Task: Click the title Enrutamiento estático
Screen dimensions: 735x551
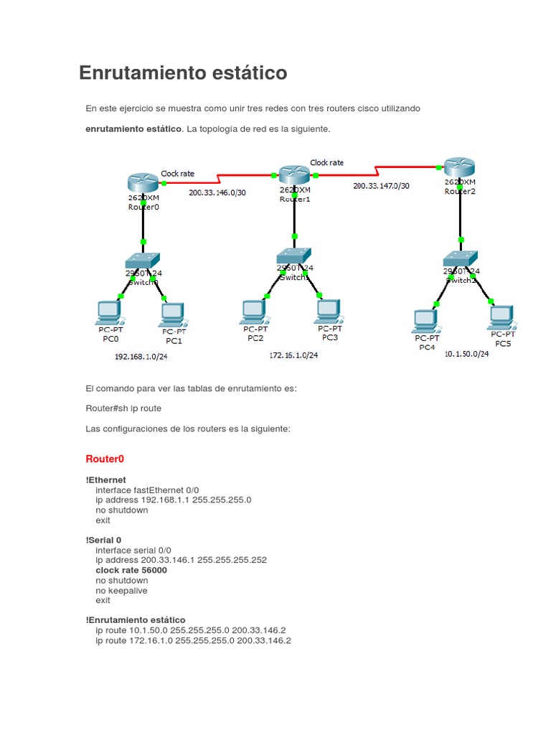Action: tap(183, 73)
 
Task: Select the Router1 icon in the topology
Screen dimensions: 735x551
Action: tap(294, 174)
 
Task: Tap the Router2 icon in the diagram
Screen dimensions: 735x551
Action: tap(460, 167)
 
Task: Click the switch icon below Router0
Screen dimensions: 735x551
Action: tap(142, 261)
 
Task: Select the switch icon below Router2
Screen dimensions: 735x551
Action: tap(460, 258)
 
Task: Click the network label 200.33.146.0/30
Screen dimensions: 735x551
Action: tap(217, 192)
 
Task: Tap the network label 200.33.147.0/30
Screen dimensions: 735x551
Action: tap(381, 185)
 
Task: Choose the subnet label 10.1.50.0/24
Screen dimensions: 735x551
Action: tap(466, 353)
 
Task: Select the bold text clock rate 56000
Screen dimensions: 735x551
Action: tap(131, 570)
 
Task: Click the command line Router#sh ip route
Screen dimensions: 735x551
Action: tap(123, 408)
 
